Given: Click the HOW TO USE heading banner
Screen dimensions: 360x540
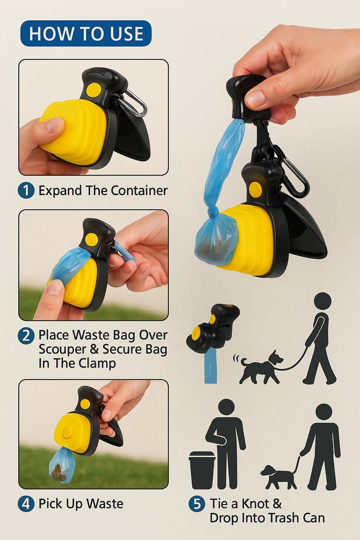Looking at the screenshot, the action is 86,33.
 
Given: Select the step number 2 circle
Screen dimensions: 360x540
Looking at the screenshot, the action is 26,336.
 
